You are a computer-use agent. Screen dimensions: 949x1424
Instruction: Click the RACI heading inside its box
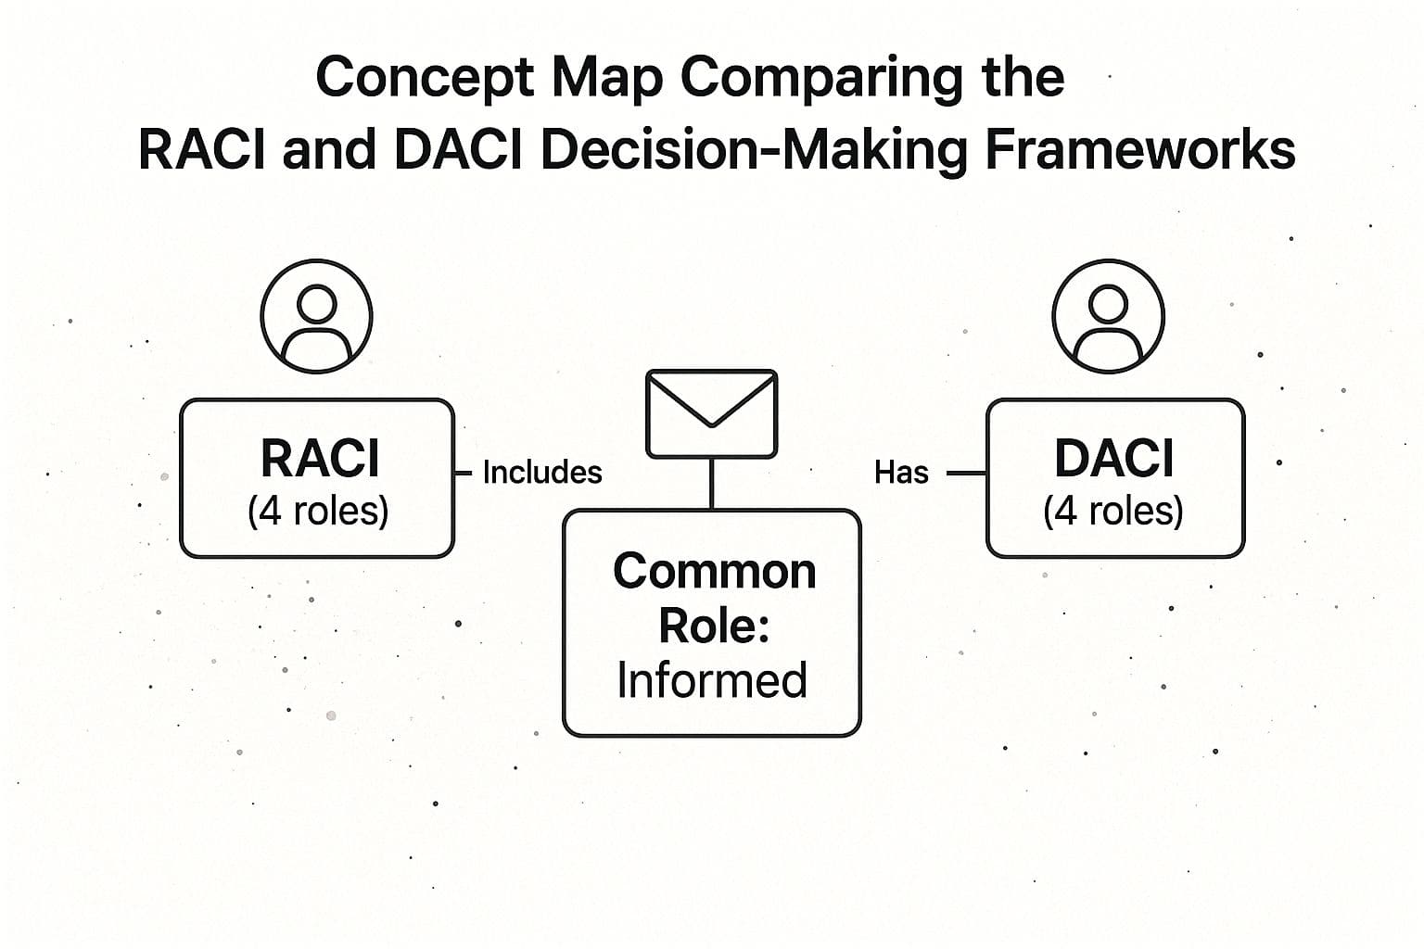(320, 458)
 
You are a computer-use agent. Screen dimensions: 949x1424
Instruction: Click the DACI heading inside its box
(1113, 458)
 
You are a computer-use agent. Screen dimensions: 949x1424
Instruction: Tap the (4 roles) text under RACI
(318, 511)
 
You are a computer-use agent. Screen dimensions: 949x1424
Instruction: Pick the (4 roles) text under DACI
(1112, 511)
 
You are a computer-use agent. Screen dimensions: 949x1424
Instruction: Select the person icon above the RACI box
(317, 317)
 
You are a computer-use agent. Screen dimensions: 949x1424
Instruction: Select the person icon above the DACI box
(1108, 317)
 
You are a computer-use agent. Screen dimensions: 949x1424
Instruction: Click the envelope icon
(711, 412)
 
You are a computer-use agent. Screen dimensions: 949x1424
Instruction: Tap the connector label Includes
(542, 473)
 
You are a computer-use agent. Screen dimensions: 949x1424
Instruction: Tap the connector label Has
(901, 473)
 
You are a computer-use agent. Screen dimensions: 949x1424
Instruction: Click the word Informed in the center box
(712, 680)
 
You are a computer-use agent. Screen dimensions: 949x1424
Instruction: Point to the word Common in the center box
(714, 571)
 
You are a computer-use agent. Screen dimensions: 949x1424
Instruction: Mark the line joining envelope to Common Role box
(711, 483)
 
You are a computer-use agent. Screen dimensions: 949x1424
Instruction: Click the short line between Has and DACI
(965, 474)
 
